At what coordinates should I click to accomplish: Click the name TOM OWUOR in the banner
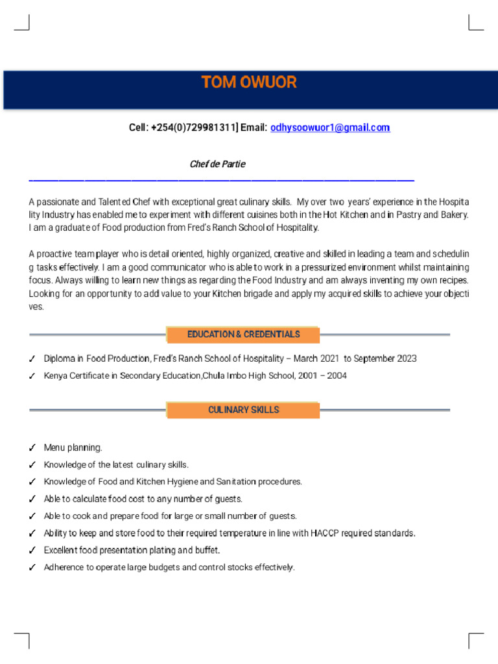pyautogui.click(x=249, y=82)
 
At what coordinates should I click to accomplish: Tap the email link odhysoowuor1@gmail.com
pyautogui.click(x=330, y=128)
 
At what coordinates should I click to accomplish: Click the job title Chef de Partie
pyautogui.click(x=217, y=164)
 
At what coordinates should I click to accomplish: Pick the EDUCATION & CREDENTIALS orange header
pyautogui.click(x=243, y=335)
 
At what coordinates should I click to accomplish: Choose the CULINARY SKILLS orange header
pyautogui.click(x=243, y=410)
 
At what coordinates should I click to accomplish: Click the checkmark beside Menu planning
pyautogui.click(x=32, y=448)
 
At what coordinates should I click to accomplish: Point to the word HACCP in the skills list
pyautogui.click(x=324, y=533)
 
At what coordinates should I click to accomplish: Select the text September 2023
pyautogui.click(x=385, y=359)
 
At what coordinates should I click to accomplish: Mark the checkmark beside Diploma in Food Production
pyautogui.click(x=32, y=359)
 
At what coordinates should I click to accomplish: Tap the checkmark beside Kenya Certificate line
pyautogui.click(x=32, y=376)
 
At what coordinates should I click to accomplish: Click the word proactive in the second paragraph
pyautogui.click(x=56, y=254)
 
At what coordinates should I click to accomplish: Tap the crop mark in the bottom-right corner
pyautogui.click(x=475, y=639)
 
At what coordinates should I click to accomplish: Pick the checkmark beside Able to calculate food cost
pyautogui.click(x=32, y=499)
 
